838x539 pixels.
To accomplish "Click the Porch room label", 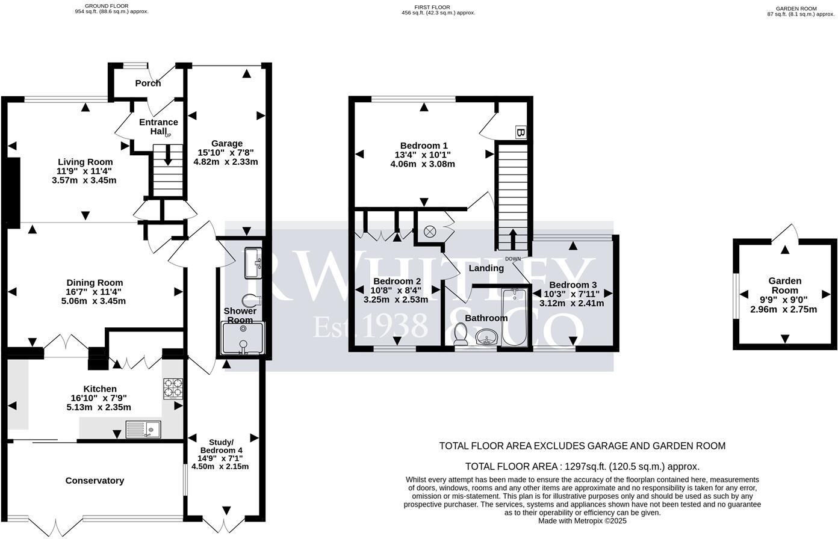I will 148,83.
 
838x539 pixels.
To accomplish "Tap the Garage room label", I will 226,143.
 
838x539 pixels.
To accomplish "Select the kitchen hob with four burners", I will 173,389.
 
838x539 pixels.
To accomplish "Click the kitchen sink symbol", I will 143,429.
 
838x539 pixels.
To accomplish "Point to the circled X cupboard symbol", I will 430,231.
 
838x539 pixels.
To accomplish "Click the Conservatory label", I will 95,481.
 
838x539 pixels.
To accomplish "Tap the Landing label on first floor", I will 486,268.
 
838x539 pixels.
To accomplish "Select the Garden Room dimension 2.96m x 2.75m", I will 783,310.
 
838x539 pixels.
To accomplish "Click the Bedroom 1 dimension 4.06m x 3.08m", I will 423,164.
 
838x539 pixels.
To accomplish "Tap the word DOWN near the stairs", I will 513,259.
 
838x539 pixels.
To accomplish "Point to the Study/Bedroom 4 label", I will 221,446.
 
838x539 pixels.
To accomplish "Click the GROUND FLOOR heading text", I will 108,6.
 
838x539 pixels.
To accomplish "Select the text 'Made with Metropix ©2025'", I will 582,521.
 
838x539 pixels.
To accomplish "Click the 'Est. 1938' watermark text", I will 370,325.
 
